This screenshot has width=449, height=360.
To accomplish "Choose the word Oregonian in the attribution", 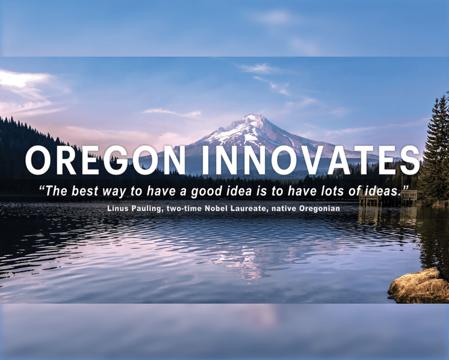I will click(320, 208).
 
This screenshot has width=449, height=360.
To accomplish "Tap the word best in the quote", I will click(85, 191).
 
